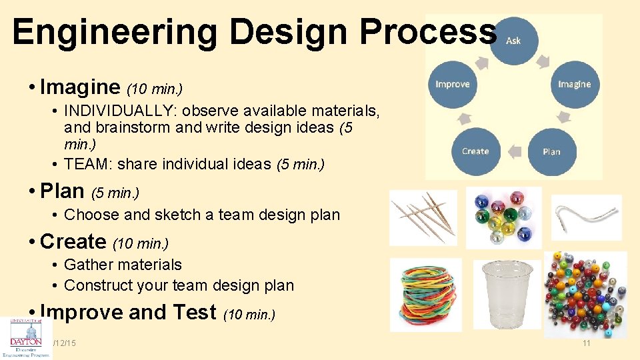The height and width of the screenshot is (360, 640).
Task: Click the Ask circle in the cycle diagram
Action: tap(513, 41)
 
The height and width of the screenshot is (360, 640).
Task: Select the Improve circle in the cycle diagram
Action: tap(453, 85)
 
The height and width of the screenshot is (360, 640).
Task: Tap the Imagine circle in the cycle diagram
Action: tap(574, 85)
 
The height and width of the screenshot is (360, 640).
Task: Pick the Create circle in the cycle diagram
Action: tap(475, 151)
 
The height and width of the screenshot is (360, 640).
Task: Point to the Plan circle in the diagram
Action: tap(551, 151)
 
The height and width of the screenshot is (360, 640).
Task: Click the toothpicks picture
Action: tap(423, 217)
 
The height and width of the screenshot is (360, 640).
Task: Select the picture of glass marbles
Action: tap(503, 217)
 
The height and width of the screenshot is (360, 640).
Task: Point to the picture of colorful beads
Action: tap(585, 293)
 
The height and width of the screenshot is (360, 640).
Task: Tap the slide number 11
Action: tap(587, 343)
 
